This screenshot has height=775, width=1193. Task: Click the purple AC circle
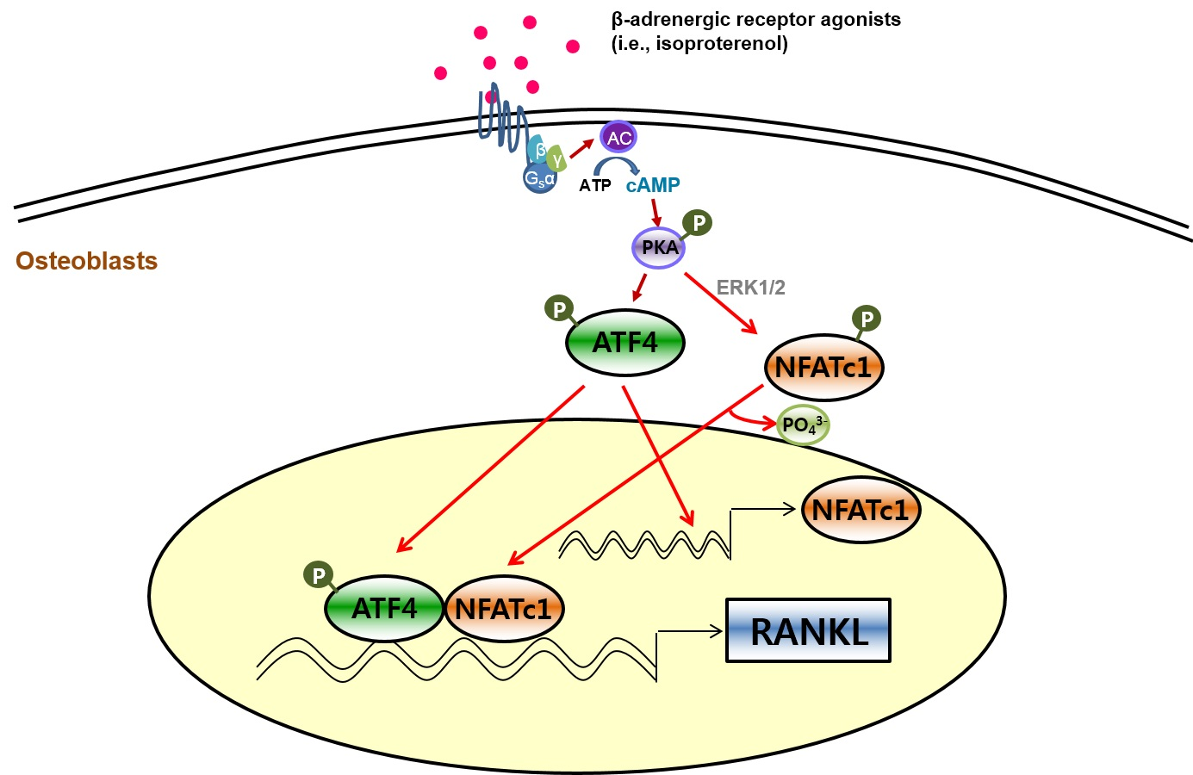pyautogui.click(x=618, y=137)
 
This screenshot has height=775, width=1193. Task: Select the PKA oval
pyautogui.click(x=659, y=247)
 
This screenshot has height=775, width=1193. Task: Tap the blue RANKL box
pyautogui.click(x=809, y=630)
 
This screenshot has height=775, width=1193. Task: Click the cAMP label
pyautogui.click(x=653, y=184)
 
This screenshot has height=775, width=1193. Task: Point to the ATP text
pyautogui.click(x=595, y=185)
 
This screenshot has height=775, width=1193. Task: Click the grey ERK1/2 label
pyautogui.click(x=750, y=288)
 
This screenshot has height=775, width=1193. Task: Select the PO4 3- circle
pyautogui.click(x=803, y=425)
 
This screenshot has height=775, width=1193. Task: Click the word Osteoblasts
pyautogui.click(x=86, y=261)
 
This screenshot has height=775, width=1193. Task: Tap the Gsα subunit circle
pyautogui.click(x=540, y=178)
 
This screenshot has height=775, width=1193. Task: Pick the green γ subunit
pyautogui.click(x=556, y=158)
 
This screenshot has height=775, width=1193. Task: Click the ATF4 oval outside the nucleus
pyautogui.click(x=624, y=342)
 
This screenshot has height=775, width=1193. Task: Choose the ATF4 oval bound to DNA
pyautogui.click(x=384, y=608)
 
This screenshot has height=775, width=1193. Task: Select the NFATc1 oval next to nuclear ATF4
pyautogui.click(x=503, y=609)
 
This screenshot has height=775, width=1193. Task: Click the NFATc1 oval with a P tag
pyautogui.click(x=824, y=368)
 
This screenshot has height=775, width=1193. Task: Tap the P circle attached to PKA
pyautogui.click(x=698, y=222)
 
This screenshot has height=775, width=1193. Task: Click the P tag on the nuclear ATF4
pyautogui.click(x=319, y=575)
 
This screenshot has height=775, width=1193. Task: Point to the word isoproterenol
pyautogui.click(x=721, y=43)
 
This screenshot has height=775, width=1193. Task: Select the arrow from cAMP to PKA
pyautogui.click(x=656, y=213)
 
